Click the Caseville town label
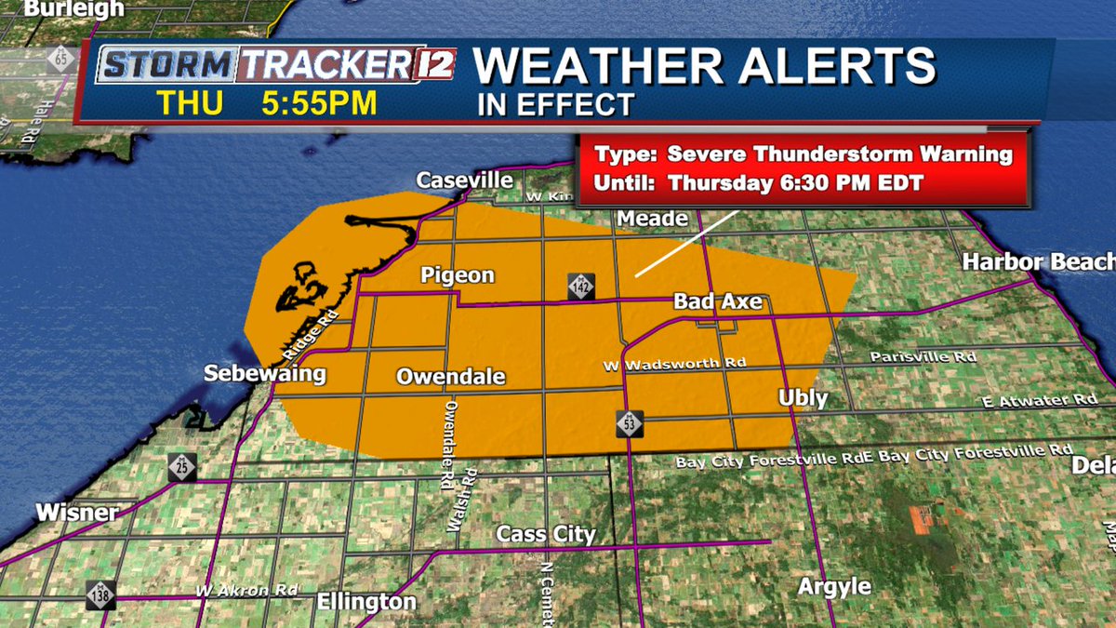(x=465, y=180)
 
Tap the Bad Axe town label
(x=718, y=301)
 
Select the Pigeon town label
(x=458, y=275)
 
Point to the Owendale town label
(x=451, y=377)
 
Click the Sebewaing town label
(x=266, y=375)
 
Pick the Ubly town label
(x=803, y=398)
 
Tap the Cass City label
(x=546, y=534)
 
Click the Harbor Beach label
(x=1038, y=261)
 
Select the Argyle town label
(x=835, y=586)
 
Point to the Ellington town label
(x=366, y=602)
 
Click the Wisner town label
(x=77, y=513)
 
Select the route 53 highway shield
(x=629, y=423)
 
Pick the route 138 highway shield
(x=101, y=595)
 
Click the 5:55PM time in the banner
(x=319, y=103)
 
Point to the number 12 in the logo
(x=433, y=65)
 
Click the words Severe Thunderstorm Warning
(x=840, y=154)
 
